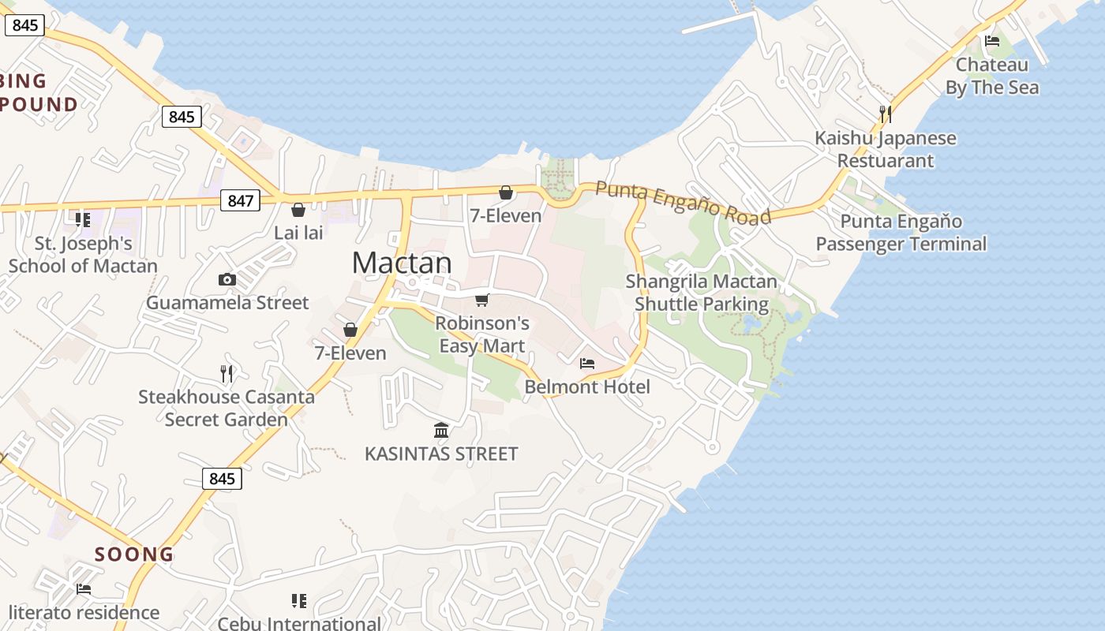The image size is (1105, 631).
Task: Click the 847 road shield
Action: click(x=240, y=200)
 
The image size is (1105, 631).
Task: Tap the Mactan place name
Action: click(x=402, y=263)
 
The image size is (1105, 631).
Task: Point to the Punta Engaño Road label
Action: click(x=683, y=202)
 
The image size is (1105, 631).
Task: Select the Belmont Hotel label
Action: click(x=587, y=386)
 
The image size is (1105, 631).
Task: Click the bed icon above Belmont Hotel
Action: click(x=587, y=364)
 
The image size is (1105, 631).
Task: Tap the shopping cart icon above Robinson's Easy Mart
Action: click(x=482, y=300)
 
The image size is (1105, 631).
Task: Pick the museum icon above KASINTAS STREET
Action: click(x=441, y=431)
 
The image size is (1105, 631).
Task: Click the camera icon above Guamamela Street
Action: click(x=227, y=279)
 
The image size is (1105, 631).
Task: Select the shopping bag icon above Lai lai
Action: click(x=298, y=210)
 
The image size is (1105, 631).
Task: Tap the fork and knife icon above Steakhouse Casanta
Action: click(x=227, y=374)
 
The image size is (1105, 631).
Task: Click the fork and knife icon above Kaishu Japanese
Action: click(x=886, y=114)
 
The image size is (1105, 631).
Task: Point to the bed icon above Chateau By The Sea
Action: click(x=992, y=41)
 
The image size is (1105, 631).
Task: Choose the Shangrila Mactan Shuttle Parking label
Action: click(x=702, y=293)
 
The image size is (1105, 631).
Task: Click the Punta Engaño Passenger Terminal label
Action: click(x=901, y=233)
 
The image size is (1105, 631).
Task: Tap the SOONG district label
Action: click(x=134, y=554)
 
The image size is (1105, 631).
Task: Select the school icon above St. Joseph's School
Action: click(x=83, y=219)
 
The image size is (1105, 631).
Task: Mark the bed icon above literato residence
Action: click(x=84, y=589)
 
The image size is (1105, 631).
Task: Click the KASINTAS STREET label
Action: click(x=441, y=454)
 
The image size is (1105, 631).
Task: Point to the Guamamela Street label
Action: click(x=227, y=303)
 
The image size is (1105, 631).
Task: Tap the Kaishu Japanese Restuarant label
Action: click(x=886, y=149)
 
